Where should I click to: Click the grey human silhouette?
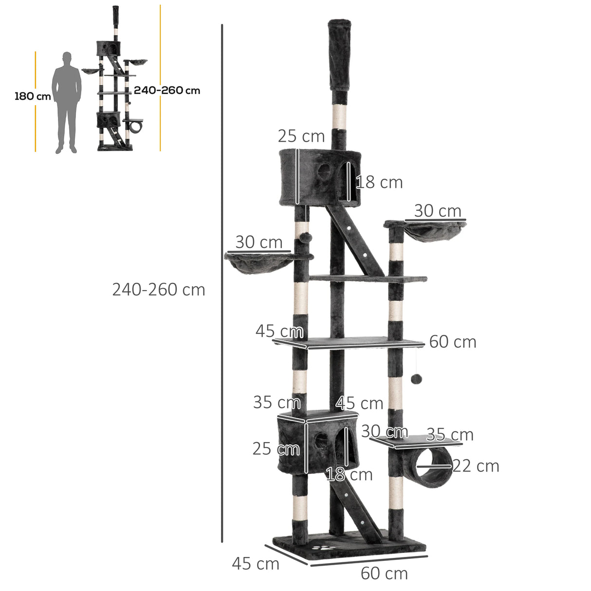[67, 102]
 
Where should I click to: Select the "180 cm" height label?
[33, 96]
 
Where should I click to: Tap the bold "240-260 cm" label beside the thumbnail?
[167, 91]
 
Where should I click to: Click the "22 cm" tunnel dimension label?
[476, 466]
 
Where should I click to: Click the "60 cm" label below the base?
[384, 573]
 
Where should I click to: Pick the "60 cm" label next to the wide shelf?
[452, 342]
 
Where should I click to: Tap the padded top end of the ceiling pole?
[340, 54]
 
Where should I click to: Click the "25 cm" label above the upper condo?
[301, 136]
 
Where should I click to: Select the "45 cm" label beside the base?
[256, 564]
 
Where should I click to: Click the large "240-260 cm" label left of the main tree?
[159, 290]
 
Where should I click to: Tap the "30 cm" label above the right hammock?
[438, 211]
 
